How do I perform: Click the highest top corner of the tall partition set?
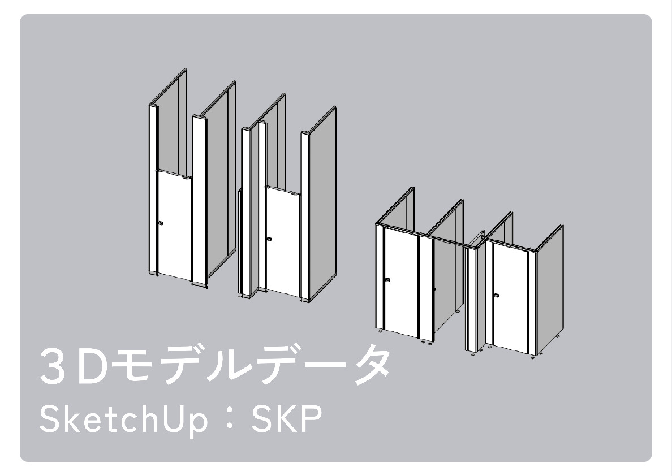click(185, 68)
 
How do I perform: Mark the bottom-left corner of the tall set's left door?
click(158, 274)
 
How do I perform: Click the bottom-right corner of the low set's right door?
click(527, 354)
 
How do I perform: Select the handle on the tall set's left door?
click(161, 223)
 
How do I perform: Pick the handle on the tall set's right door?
click(269, 239)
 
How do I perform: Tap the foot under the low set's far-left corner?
click(380, 331)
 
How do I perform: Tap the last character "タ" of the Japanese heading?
click(369, 365)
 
